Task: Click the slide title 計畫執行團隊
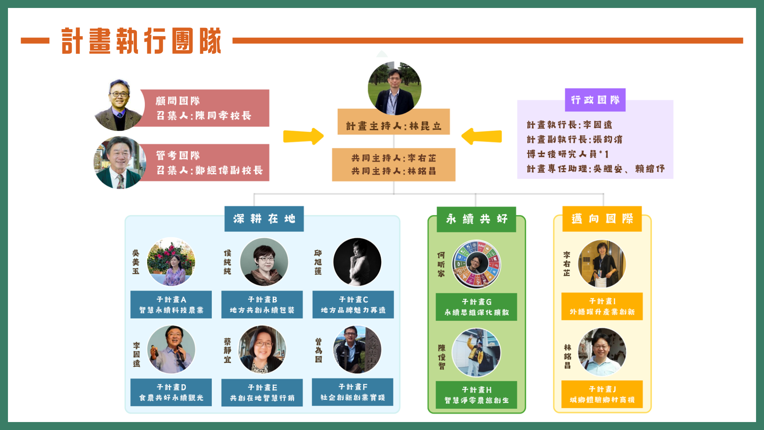[141, 41]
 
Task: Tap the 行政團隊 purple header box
[595, 100]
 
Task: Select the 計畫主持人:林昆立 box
[394, 126]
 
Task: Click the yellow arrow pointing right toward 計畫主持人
[303, 136]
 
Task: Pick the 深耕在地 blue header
[264, 219]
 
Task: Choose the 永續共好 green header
[476, 219]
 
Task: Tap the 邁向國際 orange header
[602, 219]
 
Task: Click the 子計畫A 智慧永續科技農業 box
[171, 305]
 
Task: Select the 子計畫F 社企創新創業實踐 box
[353, 392]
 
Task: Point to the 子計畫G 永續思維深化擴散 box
[476, 307]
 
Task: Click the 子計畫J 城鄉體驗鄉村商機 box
[602, 394]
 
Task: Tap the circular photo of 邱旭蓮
[357, 262]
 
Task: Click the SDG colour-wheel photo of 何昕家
[476, 264]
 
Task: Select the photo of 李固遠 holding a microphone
[171, 350]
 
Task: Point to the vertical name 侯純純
[227, 262]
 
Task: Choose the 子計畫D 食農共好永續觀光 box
[171, 392]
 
